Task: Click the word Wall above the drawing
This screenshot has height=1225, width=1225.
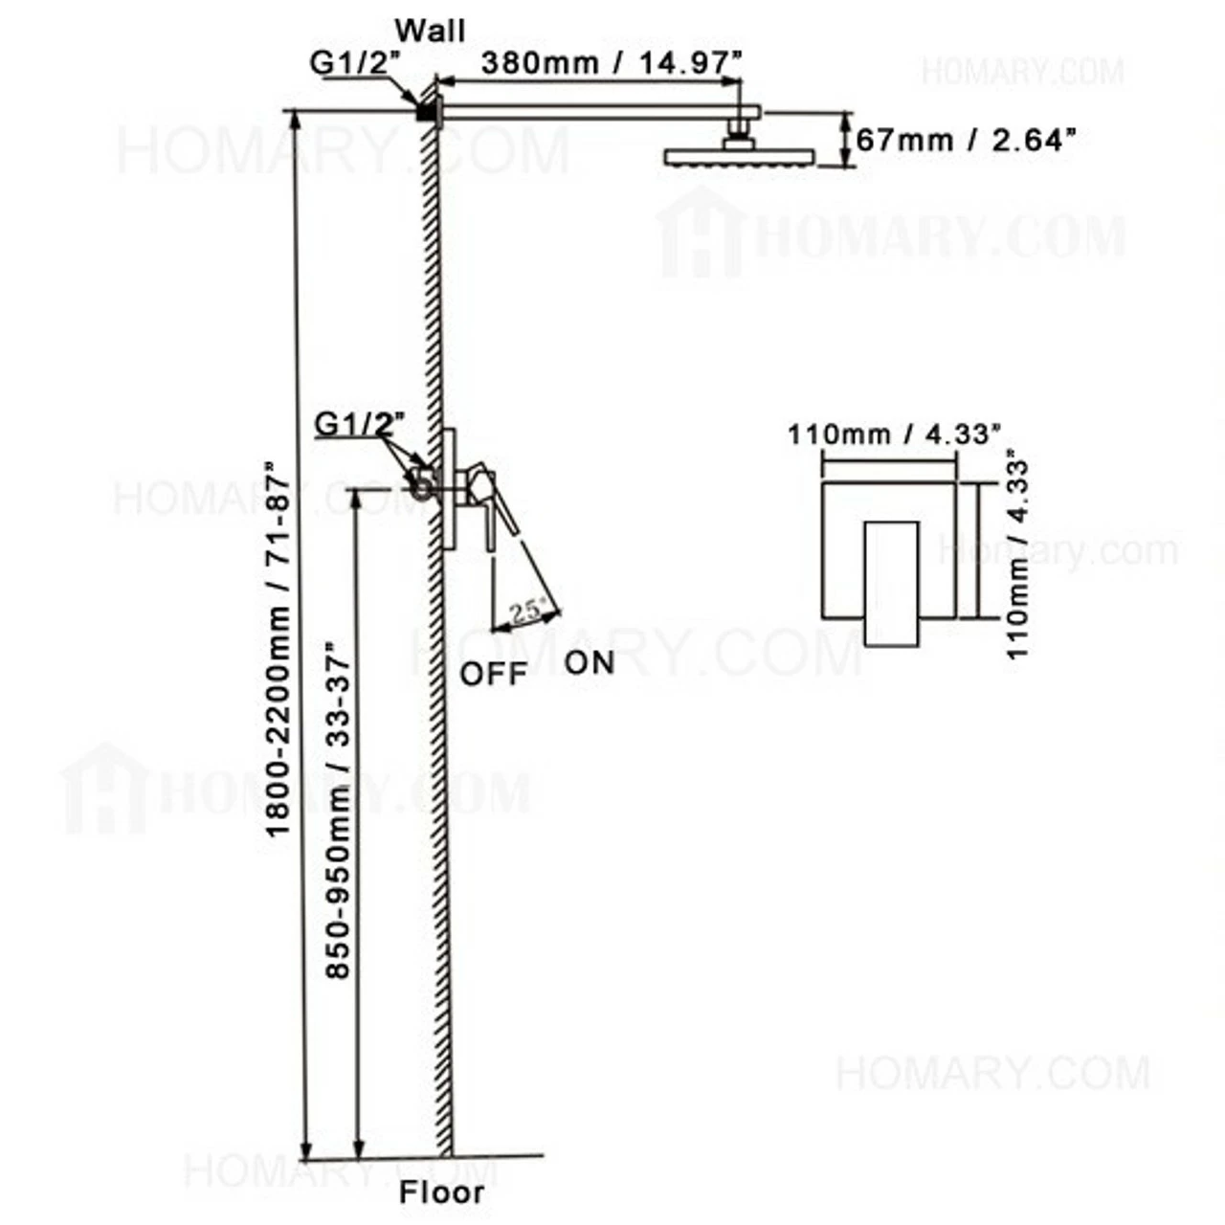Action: point(431,31)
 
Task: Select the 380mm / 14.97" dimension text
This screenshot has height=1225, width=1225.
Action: point(612,63)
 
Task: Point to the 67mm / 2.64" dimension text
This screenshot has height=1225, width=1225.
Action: point(966,140)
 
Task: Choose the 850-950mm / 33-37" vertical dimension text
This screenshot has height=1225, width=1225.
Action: point(338,810)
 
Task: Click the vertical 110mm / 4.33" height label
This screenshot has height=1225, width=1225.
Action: point(1017,553)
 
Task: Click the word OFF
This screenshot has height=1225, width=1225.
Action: point(494,674)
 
